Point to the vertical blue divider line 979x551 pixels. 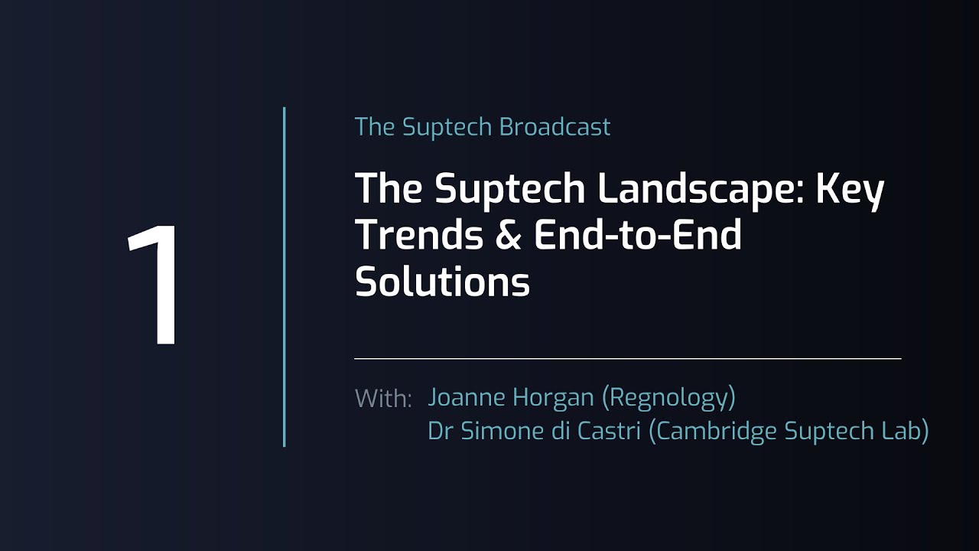point(284,277)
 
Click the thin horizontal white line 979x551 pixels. point(628,359)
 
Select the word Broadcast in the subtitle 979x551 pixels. point(555,127)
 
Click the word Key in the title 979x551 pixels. point(850,189)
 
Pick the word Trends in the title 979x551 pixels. point(419,234)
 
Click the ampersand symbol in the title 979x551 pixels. point(509,235)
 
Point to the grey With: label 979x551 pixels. point(383,398)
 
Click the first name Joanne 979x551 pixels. point(467,396)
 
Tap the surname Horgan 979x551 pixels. point(553,398)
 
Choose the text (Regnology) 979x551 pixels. point(668,398)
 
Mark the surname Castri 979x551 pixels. point(609,431)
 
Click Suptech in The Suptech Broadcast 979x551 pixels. point(447,128)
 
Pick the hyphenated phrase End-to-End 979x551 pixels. point(638,234)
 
